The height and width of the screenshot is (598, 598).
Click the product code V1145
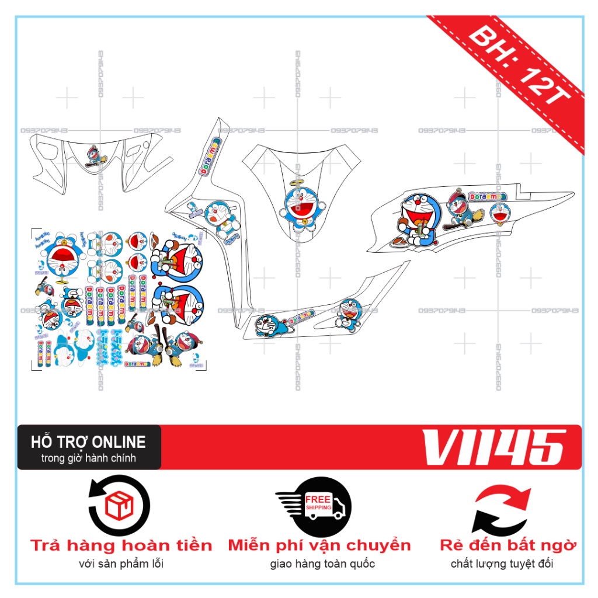493,448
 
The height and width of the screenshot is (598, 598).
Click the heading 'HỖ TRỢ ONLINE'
88,441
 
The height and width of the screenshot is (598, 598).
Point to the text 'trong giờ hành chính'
88,458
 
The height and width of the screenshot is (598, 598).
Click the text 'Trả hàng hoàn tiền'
121,545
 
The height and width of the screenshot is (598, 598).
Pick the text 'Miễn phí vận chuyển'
319,545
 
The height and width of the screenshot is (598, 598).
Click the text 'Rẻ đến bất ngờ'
508,545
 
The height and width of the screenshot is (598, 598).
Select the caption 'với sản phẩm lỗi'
121,564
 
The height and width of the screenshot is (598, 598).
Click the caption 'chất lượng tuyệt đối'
502,564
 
